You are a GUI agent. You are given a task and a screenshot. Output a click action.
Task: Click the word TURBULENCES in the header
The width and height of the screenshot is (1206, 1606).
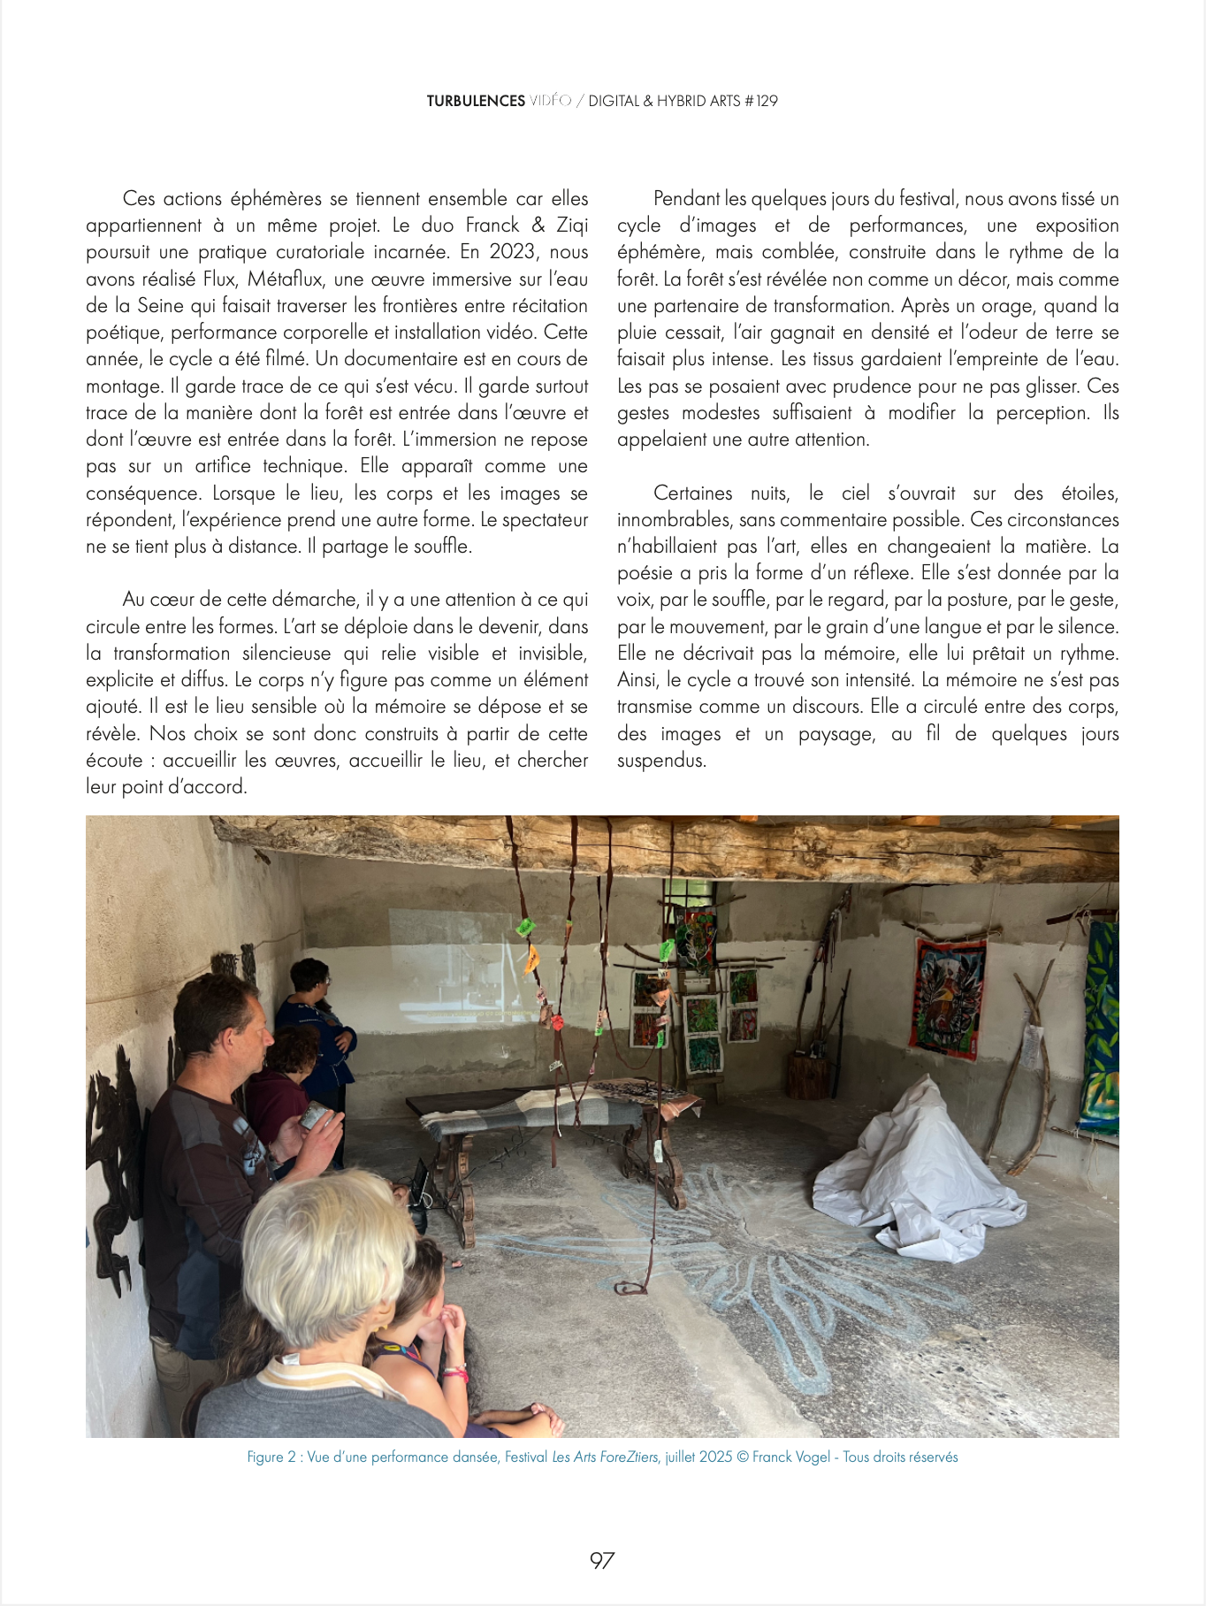point(476,101)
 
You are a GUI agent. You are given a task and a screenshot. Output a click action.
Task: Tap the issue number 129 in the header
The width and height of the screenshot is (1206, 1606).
point(766,101)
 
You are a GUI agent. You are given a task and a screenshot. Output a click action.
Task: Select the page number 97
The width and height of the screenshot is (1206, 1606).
point(602,1560)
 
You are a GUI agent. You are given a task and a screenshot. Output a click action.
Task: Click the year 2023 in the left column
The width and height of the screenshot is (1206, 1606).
point(513,252)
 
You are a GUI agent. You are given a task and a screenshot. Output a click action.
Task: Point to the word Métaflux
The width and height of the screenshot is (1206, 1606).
point(283,279)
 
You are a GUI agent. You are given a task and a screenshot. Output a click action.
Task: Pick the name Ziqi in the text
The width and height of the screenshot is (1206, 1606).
point(572,226)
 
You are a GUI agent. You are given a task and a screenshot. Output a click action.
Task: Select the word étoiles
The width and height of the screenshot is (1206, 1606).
point(1089,493)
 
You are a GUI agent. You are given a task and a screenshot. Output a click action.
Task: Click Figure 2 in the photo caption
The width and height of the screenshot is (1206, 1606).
point(271,1457)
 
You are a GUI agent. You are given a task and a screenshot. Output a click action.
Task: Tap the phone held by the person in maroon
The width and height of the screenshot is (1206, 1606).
point(314,1116)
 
